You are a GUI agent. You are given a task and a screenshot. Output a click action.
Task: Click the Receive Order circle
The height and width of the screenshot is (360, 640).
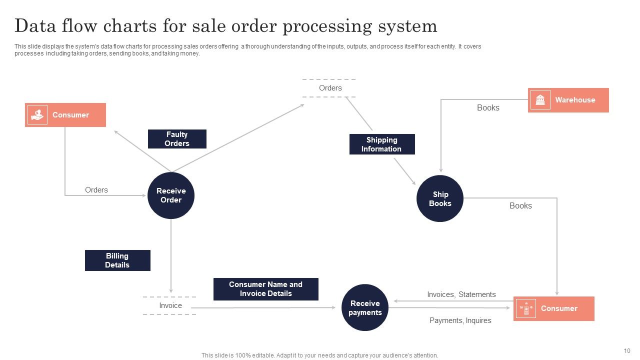(171, 195)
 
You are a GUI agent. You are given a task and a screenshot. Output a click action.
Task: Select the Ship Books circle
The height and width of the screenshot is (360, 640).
(440, 198)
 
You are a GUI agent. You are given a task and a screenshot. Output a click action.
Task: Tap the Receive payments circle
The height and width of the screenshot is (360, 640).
(365, 307)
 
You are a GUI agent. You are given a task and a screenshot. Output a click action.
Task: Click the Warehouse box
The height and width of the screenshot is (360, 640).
(568, 100)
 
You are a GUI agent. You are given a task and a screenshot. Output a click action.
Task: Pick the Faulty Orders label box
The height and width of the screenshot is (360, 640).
(177, 139)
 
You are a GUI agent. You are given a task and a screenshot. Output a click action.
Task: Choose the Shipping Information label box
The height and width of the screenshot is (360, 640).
(381, 144)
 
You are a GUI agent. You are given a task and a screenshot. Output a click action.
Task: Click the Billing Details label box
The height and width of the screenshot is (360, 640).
(117, 260)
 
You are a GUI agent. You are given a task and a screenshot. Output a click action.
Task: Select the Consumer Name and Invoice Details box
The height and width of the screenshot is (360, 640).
(265, 289)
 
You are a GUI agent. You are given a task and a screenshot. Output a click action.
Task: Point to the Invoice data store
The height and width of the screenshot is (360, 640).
(170, 305)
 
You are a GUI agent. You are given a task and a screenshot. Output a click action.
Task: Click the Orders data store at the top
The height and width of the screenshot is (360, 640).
(330, 88)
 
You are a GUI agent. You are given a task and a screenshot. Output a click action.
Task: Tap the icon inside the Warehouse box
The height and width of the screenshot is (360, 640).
(540, 100)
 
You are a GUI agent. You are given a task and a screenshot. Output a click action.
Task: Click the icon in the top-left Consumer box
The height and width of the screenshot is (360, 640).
(37, 115)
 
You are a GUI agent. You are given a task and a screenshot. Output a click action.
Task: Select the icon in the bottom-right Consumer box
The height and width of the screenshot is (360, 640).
(526, 308)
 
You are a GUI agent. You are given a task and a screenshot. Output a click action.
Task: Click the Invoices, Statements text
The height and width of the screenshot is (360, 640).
(461, 294)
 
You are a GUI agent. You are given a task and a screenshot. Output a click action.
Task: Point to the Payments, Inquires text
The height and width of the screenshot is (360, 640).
(460, 320)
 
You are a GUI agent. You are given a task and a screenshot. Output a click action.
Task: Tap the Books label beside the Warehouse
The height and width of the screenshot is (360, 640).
(488, 107)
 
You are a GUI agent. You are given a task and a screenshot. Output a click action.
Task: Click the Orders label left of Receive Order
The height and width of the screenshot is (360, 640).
(96, 190)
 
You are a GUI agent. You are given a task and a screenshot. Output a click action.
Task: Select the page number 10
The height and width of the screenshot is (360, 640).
(627, 351)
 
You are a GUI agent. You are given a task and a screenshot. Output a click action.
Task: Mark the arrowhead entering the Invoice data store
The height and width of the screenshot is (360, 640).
(171, 290)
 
